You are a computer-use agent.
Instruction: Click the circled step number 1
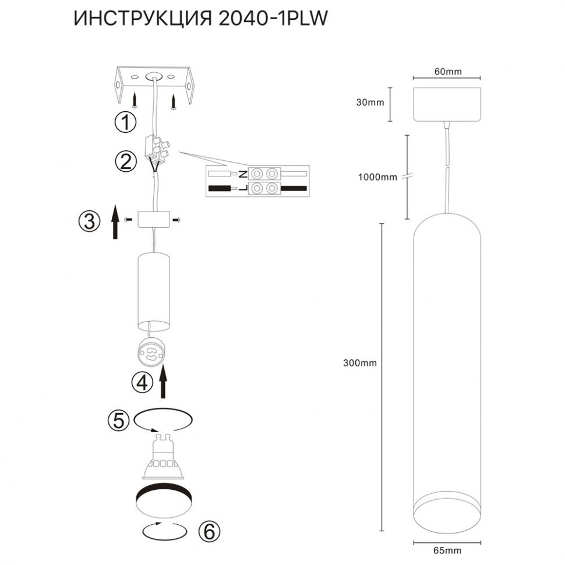(x=125, y=122)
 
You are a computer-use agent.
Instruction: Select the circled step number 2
(x=125, y=161)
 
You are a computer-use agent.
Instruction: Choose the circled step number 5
(x=118, y=421)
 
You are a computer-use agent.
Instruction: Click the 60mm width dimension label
(x=447, y=72)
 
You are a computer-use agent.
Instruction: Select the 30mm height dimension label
(x=369, y=103)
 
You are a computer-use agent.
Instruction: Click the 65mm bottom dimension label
(x=447, y=550)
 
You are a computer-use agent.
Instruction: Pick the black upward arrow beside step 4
(x=165, y=382)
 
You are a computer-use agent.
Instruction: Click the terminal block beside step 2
(x=157, y=149)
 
